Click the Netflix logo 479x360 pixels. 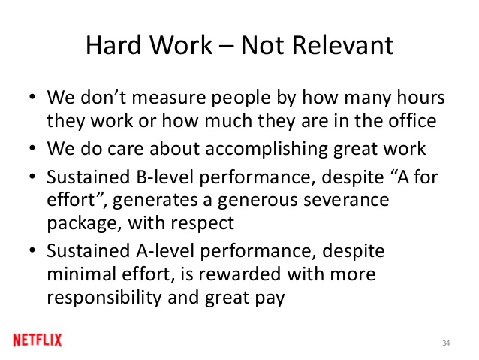pos(38,340)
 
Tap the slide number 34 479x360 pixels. pos(446,343)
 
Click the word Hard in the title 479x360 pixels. pos(114,45)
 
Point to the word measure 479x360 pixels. pos(169,98)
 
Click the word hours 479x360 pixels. pos(420,98)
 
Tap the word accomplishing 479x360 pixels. pos(266,149)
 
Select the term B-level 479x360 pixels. pos(165,177)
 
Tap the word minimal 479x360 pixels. pos(82,274)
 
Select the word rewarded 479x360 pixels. pos(239,274)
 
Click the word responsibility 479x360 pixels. pos(104,298)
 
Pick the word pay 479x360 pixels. pos(270,298)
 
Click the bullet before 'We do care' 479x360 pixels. pos(32,148)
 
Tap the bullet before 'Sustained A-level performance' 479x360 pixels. pos(32,250)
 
